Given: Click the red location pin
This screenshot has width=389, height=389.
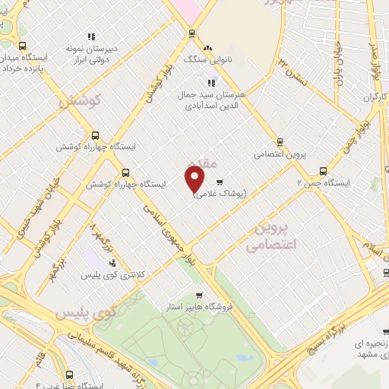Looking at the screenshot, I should click(x=195, y=179).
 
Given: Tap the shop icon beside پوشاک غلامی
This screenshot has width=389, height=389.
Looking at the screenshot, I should click(x=220, y=182).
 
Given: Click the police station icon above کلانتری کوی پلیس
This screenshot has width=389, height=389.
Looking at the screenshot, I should click(x=113, y=262).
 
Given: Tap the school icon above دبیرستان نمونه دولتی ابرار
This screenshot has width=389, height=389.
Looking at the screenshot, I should click(x=91, y=36).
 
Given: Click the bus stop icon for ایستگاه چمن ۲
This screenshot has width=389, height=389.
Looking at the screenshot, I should click(x=323, y=171).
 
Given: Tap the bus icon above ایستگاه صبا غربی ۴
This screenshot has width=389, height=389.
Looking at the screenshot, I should click(x=70, y=374).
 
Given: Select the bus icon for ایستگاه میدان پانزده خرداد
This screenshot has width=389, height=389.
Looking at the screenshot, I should click(x=22, y=45).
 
